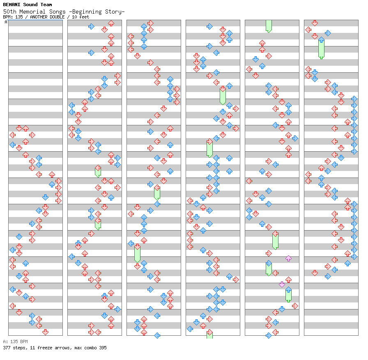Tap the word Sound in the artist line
tap(31, 5)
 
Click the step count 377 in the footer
tap(7, 348)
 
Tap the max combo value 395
tap(102, 348)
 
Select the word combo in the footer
tap(89, 348)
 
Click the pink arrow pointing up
tap(288, 258)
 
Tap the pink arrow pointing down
tap(282, 284)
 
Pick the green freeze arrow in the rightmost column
tap(321, 48)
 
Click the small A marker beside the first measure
tap(6, 22)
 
